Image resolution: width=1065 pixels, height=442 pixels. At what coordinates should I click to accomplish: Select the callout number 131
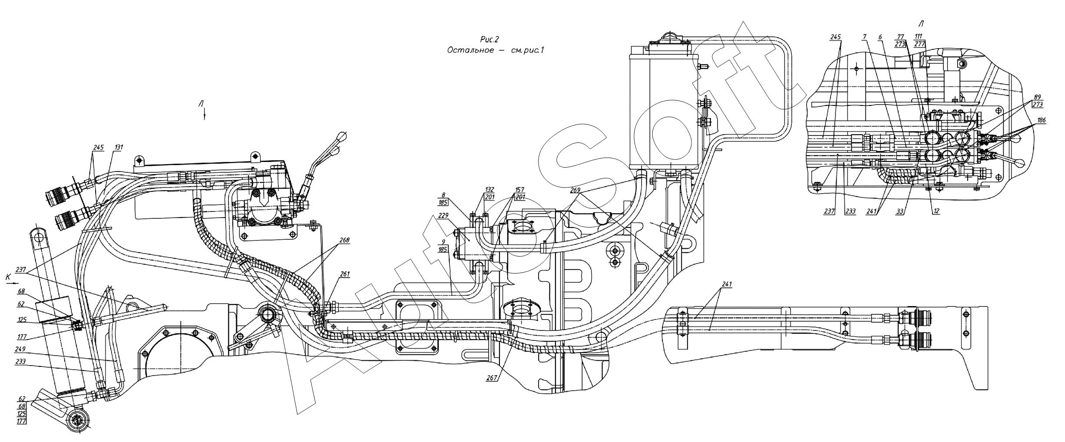coord(119,148)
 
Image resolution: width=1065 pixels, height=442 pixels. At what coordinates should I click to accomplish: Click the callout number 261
coord(345,274)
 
